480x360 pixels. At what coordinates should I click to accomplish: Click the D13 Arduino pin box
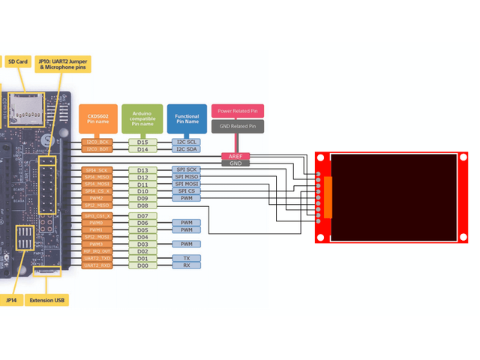click(x=142, y=170)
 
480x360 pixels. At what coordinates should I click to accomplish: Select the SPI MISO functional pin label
click(x=186, y=177)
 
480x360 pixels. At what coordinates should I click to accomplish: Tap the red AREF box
click(x=235, y=156)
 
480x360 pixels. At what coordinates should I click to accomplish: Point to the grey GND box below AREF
click(x=235, y=163)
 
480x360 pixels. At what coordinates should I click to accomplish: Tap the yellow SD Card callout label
click(x=17, y=61)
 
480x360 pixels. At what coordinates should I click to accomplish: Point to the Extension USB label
click(x=47, y=301)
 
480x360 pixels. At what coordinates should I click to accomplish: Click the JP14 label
click(x=11, y=301)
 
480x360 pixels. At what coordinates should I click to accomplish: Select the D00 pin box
click(x=142, y=265)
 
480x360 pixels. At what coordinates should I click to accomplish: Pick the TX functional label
click(x=186, y=258)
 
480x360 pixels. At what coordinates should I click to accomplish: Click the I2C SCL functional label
click(x=186, y=142)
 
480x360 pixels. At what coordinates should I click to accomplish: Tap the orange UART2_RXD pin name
click(x=97, y=265)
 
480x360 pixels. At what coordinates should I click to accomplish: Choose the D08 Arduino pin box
click(x=142, y=205)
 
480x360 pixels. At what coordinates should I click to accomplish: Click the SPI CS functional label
click(x=186, y=191)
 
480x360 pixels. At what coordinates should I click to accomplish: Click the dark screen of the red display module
click(x=394, y=198)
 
